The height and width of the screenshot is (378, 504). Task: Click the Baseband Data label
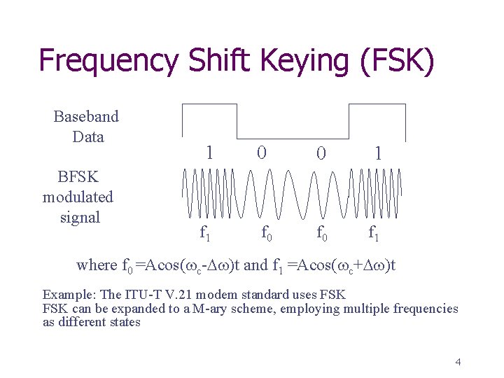pyautogui.click(x=87, y=127)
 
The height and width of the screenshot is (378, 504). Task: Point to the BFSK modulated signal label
pyautogui.click(x=78, y=197)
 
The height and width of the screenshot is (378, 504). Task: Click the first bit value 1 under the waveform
pyautogui.click(x=209, y=152)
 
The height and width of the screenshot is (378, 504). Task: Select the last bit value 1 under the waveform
pyautogui.click(x=378, y=152)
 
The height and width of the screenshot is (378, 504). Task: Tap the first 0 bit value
pyautogui.click(x=261, y=152)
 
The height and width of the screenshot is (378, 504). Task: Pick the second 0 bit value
pyautogui.click(x=320, y=152)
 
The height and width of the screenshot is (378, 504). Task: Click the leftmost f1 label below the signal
pyautogui.click(x=205, y=232)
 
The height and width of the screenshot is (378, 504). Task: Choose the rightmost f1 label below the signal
pyautogui.click(x=375, y=232)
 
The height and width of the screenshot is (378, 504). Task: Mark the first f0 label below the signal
pyautogui.click(x=267, y=232)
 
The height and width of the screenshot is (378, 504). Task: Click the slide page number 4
pyautogui.click(x=458, y=362)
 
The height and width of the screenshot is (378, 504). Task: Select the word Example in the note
pyautogui.click(x=67, y=295)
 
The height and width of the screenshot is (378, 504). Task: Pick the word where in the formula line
pyautogui.click(x=97, y=265)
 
